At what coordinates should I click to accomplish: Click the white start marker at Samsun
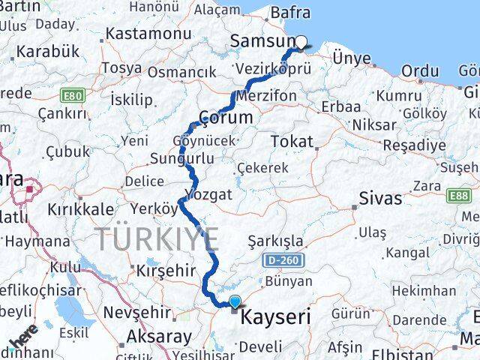coord(301,43)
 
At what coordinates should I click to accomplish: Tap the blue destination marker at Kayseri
coord(235,302)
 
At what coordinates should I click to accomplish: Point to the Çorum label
coord(225,118)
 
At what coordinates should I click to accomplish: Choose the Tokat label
coord(289,141)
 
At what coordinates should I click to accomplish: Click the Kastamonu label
coord(142,34)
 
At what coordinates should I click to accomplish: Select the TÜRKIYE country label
coord(157,240)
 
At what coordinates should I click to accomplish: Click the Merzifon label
coord(262,96)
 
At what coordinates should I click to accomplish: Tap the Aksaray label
coord(159,336)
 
